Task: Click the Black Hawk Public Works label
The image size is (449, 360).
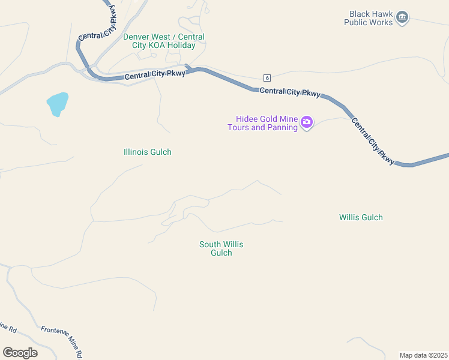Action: (368, 18)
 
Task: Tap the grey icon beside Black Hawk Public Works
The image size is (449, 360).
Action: (402, 17)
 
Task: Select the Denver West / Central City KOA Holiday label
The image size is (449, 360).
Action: (163, 41)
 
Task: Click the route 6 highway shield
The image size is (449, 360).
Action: (267, 78)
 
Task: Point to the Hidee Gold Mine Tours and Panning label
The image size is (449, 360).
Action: (263, 123)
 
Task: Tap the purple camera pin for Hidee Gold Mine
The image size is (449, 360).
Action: (307, 123)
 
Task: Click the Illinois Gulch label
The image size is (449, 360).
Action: (147, 152)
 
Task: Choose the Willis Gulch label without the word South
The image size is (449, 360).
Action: (361, 217)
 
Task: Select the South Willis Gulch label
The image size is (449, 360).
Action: (221, 248)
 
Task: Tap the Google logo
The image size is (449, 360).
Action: (20, 353)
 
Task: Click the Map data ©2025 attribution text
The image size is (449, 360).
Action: (423, 355)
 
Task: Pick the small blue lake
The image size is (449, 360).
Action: (57, 104)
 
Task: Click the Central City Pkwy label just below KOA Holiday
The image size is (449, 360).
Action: (155, 75)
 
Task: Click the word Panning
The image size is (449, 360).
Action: (282, 127)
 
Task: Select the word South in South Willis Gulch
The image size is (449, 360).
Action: (210, 244)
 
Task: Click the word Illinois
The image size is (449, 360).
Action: (135, 152)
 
